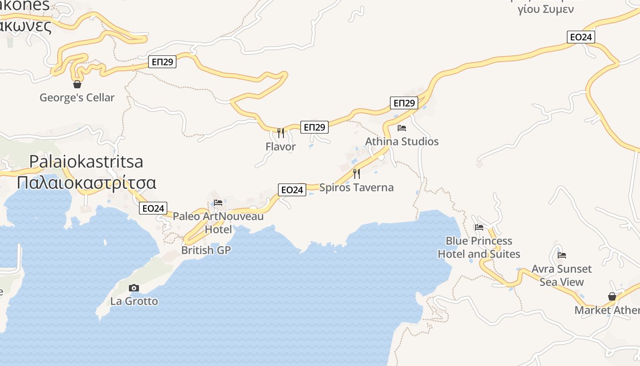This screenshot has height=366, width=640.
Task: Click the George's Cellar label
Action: [x=77, y=97]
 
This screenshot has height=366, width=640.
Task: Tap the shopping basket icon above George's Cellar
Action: [x=77, y=84]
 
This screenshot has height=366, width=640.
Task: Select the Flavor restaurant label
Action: [x=281, y=147]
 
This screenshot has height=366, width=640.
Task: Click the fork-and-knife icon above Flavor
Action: [x=281, y=133]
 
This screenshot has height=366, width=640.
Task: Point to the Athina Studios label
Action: [x=402, y=141]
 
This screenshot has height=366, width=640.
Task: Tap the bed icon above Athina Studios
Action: [x=402, y=128]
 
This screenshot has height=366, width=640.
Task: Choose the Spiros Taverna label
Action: [x=357, y=187]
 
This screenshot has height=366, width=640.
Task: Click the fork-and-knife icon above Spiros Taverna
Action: [x=357, y=174]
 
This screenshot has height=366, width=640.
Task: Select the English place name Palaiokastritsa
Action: [x=86, y=161]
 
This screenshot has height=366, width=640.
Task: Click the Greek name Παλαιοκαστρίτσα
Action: [x=86, y=183]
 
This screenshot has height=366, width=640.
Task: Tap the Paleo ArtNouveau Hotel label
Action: [x=218, y=222]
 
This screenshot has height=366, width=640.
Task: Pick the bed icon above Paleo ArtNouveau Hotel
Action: [x=218, y=203]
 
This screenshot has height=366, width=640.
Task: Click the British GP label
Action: [x=206, y=250]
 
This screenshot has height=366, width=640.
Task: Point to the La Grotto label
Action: [x=134, y=301]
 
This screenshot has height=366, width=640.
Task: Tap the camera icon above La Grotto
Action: [x=134, y=288]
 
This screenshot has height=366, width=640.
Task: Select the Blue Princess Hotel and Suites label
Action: [x=479, y=248]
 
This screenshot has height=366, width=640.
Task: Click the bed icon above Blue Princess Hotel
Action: [x=479, y=227]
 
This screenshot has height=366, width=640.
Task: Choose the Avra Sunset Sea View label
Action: [x=561, y=275]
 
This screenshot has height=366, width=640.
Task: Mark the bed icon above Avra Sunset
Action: [x=562, y=255]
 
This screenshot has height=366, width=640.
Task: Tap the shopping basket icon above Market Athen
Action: [x=612, y=296]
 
